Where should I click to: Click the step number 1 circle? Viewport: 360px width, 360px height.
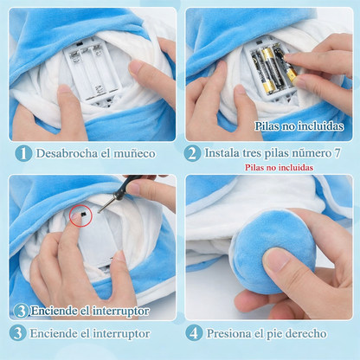tap(23, 153)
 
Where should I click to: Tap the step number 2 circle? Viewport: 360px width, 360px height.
tap(192, 153)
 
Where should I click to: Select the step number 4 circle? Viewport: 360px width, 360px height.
tap(194, 333)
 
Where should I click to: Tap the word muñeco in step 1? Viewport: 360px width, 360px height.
tap(134, 153)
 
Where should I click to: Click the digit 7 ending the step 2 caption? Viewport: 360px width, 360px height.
tap(337, 153)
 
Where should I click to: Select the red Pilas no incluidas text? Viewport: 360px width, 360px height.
tap(279, 167)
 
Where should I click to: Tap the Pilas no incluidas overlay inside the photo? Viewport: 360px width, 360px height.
tap(299, 126)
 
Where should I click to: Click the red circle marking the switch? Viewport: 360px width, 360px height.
tap(81, 215)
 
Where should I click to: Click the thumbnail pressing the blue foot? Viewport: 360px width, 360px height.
tap(275, 260)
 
